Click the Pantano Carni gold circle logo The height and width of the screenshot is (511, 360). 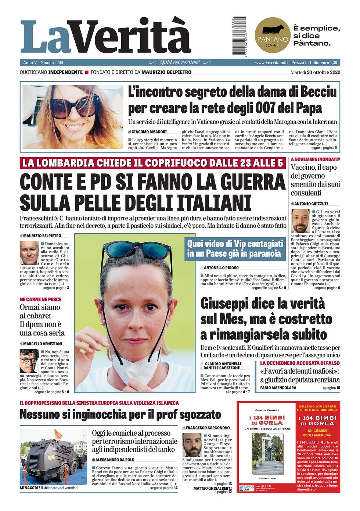tap(272, 35)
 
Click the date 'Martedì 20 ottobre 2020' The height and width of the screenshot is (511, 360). tap(315, 72)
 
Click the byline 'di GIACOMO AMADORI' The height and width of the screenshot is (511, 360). tap(147, 132)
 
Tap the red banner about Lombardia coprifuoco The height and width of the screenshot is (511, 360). tap(152, 163)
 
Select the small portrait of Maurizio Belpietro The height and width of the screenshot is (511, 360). tap(29, 253)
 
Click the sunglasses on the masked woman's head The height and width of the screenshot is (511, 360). tap(140, 250)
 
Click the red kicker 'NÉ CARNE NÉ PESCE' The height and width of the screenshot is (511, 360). tap(40, 299)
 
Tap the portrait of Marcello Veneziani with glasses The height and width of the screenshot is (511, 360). tap(29, 361)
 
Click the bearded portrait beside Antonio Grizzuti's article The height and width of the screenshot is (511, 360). tap(300, 221)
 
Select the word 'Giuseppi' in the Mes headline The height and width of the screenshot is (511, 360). tap(226, 304)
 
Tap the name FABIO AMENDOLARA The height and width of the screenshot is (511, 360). tap(278, 388)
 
